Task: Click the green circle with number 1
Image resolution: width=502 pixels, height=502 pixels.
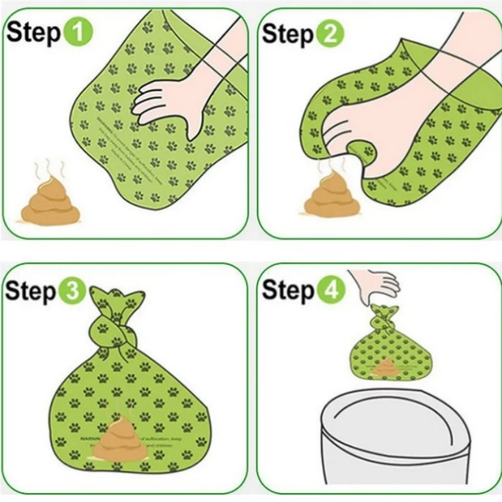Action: [x=78, y=33]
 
